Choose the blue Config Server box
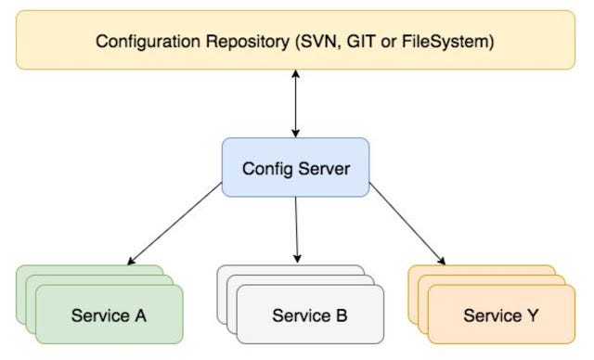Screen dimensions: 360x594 coord(294,169)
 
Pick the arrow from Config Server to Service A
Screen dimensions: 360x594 coord(175,224)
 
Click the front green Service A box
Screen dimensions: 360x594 coord(110,315)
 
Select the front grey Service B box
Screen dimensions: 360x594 coord(310,315)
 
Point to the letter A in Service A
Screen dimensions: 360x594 coord(141,315)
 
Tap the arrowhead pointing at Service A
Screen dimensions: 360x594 coord(131,260)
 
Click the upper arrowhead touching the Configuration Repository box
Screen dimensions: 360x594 coord(295,73)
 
